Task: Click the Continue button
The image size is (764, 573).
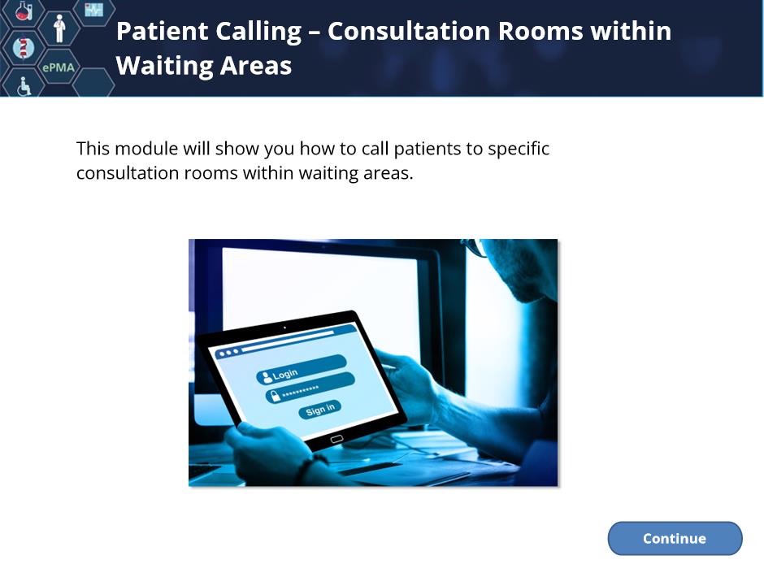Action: (x=675, y=538)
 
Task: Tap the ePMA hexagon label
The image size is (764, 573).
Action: (x=59, y=67)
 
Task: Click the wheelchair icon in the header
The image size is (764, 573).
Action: (x=24, y=87)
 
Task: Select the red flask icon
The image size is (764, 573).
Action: (x=24, y=11)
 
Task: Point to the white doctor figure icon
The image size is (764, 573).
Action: (x=59, y=28)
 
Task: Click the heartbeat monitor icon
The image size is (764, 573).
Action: (x=93, y=10)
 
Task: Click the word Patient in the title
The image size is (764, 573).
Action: (x=161, y=31)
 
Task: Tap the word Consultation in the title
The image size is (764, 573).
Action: (x=409, y=31)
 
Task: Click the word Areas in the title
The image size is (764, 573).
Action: (x=255, y=66)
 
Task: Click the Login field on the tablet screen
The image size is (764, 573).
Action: (x=301, y=369)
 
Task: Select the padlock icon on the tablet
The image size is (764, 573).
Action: (x=276, y=396)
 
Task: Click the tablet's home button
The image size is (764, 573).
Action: (x=336, y=440)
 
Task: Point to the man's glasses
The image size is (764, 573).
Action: (x=476, y=248)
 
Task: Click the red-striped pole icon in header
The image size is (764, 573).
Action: (x=23, y=48)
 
